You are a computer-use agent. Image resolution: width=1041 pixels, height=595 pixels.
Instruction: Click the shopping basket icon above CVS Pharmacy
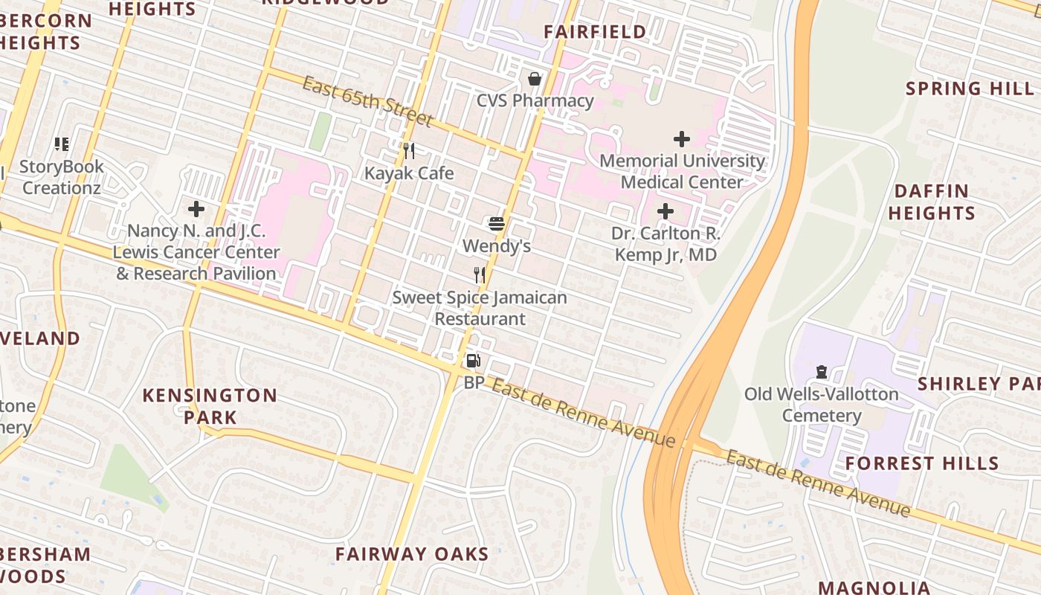(x=534, y=79)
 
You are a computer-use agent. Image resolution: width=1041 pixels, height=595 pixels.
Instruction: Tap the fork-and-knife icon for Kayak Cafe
(x=408, y=151)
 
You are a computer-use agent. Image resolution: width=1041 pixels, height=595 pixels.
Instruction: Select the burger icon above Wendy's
(x=497, y=223)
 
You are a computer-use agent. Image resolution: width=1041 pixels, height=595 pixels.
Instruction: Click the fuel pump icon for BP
(x=473, y=361)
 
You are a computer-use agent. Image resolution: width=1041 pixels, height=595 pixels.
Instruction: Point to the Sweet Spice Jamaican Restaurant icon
(x=480, y=275)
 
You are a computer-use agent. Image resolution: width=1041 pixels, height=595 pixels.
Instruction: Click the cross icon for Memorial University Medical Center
(x=681, y=139)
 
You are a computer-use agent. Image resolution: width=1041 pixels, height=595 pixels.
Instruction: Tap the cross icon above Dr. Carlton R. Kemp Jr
(x=665, y=211)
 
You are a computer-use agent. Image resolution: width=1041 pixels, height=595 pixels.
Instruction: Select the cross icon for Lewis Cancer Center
(x=196, y=209)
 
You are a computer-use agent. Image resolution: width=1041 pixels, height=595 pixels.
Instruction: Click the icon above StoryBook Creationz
(x=62, y=144)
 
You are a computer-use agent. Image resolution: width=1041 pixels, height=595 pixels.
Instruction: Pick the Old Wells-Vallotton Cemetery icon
(x=822, y=371)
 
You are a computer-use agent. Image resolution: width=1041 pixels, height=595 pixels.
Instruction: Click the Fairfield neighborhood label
(x=595, y=32)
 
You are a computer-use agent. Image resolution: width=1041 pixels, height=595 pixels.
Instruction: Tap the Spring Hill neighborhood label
(x=970, y=89)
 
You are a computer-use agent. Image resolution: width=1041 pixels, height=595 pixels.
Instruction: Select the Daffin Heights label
(x=931, y=202)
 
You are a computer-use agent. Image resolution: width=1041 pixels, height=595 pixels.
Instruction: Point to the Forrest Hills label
(x=922, y=463)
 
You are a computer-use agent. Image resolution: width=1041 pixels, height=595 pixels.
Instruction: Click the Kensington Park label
(x=210, y=406)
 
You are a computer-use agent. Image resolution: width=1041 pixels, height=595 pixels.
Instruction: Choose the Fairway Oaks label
(x=412, y=554)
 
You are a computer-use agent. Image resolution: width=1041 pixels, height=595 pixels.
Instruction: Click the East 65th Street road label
(x=367, y=100)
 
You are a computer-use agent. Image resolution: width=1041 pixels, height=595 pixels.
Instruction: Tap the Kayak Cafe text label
(x=408, y=173)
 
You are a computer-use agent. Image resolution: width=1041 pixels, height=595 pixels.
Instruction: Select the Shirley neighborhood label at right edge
(x=979, y=384)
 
